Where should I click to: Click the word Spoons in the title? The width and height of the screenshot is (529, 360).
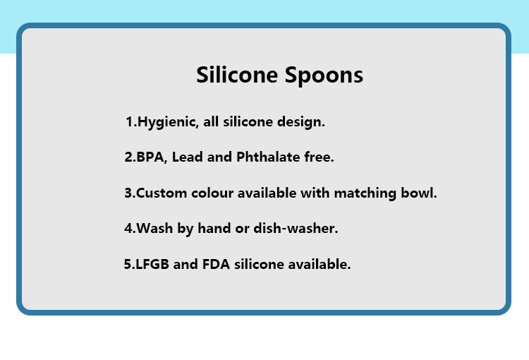click(x=324, y=76)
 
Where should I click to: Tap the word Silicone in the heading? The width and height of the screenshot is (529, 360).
click(x=237, y=74)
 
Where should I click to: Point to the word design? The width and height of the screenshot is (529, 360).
click(x=301, y=122)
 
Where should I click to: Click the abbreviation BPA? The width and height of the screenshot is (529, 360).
click(x=150, y=157)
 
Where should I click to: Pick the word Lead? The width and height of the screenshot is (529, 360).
click(x=187, y=157)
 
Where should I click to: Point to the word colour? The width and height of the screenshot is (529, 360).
click(x=212, y=193)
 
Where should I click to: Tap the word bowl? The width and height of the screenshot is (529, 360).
click(x=419, y=193)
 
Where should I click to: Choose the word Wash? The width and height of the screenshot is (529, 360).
click(x=154, y=229)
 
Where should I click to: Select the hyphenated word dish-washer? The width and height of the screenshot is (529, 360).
click(x=296, y=228)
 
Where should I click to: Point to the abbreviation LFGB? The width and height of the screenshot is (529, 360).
click(x=152, y=265)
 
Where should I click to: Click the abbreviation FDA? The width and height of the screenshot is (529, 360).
click(x=216, y=265)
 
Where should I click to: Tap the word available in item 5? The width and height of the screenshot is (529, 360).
click(x=320, y=264)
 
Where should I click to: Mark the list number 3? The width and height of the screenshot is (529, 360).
click(x=128, y=193)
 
